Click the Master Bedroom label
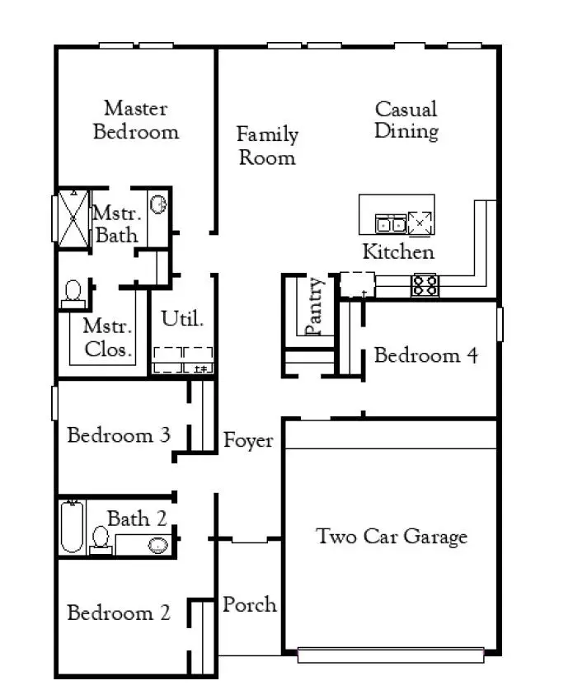[x=135, y=120]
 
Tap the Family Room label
[x=267, y=146]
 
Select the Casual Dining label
[x=406, y=120]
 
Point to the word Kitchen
[x=398, y=252]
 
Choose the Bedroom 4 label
[x=425, y=356]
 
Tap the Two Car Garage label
[x=392, y=537]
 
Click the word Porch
[x=249, y=605]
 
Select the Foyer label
[x=248, y=441]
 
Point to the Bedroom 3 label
[x=118, y=435]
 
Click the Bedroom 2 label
[x=118, y=613]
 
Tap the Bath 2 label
[x=137, y=519]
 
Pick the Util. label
[x=182, y=318]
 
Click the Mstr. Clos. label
[x=107, y=337]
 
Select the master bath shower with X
[x=72, y=218]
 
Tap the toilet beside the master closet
[x=73, y=293]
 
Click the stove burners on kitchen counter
[x=425, y=285]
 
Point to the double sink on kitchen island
[x=391, y=223]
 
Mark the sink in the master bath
[x=159, y=204]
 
